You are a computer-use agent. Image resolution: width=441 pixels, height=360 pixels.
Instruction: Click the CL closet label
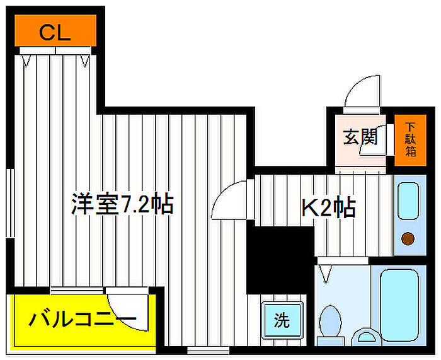coord(55,33)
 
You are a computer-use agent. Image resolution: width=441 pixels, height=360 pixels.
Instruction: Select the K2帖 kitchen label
coord(328,208)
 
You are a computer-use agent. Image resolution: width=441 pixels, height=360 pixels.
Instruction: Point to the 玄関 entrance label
coord(360,137)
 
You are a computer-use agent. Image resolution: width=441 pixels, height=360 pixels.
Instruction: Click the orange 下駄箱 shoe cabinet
coord(410,140)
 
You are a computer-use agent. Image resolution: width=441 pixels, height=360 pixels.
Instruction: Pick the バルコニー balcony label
coord(83,319)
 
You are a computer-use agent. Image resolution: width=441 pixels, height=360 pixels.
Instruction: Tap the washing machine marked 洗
coord(282,320)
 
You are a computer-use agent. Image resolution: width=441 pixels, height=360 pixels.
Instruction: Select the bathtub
coord(399,305)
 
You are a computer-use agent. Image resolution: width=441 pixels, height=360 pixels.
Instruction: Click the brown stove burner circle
coord(408,239)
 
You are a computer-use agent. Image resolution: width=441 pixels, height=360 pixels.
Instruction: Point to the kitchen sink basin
coord(408,200)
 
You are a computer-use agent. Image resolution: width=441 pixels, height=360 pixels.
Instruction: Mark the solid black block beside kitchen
coord(280,260)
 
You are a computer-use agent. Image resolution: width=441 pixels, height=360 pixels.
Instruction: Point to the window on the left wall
coord(10,202)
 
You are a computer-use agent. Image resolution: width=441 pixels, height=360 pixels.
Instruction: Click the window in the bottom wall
coord(208,351)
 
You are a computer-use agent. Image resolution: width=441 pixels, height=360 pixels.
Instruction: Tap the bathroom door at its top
coord(343,260)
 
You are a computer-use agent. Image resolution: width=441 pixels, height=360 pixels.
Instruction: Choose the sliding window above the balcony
coord(76,290)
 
